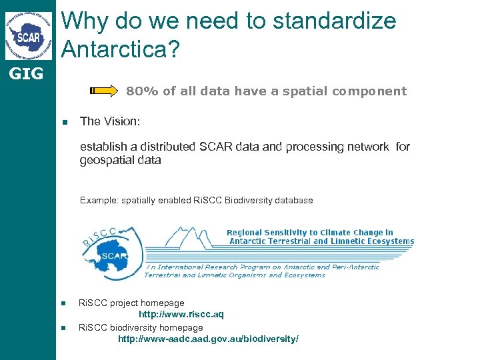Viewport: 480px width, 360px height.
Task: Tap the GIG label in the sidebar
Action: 26,74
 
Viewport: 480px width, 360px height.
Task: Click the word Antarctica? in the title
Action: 121,47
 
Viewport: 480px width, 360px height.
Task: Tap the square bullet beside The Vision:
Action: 65,122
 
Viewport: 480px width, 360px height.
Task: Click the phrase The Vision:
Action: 110,121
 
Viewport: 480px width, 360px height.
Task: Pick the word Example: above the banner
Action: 98,200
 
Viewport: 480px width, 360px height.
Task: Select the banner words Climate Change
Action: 356,233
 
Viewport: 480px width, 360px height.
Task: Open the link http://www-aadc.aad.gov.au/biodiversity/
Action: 208,339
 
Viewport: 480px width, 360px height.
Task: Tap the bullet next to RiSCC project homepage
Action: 64,303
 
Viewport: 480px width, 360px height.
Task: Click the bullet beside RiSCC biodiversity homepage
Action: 64,328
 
